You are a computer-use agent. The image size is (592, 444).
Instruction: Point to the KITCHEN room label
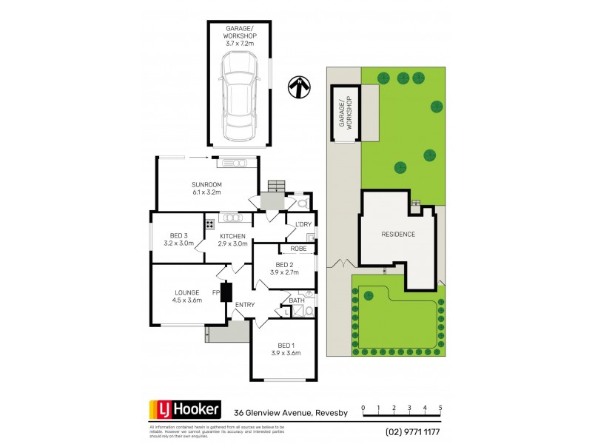232,239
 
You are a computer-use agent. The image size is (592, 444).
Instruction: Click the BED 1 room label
285,349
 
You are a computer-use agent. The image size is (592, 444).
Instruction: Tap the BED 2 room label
285,268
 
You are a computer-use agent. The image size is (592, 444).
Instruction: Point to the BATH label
297,300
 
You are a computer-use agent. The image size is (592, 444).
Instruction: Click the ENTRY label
245,305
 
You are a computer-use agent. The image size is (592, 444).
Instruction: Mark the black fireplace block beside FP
226,292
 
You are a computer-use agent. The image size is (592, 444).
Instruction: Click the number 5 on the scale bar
440,408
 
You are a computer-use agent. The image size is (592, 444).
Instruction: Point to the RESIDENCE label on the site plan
398,235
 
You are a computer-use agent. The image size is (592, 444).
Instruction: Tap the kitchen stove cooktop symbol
210,223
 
